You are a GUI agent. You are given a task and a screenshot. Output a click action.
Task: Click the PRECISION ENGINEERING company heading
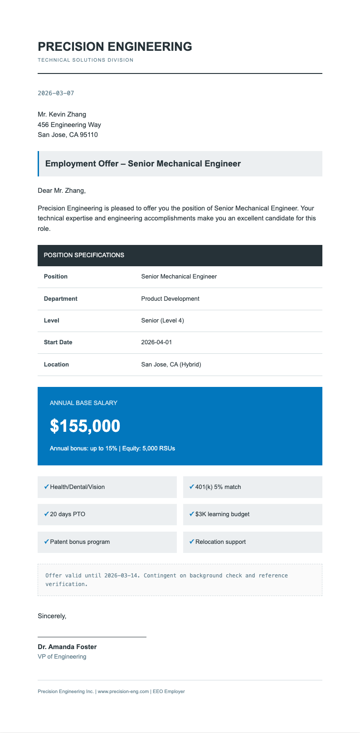[115, 46]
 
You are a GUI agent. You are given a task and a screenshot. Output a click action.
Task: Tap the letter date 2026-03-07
[56, 93]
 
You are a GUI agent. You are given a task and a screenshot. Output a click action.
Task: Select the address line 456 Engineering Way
[69, 125]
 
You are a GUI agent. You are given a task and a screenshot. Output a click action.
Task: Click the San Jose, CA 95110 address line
[68, 135]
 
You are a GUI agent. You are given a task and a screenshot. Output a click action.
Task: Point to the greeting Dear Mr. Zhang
[61, 191]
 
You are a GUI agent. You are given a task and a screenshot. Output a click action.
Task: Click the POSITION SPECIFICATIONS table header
[84, 255]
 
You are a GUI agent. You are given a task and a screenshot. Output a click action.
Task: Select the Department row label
[60, 299]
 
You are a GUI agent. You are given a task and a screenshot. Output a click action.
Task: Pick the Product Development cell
[170, 299]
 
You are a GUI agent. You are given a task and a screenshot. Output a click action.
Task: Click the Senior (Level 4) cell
[162, 321]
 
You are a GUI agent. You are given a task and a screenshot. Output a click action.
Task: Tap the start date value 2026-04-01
[156, 342]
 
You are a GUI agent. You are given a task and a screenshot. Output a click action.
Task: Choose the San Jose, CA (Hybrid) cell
[171, 365]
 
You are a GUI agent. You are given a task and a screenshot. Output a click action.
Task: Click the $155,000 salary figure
[85, 426]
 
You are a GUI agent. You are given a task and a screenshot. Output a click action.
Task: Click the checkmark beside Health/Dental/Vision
[46, 487]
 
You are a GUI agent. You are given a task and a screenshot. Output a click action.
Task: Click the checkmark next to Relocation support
[191, 542]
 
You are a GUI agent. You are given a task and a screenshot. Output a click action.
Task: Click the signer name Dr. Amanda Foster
[67, 647]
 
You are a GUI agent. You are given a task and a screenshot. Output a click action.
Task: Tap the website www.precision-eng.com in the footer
[123, 692]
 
